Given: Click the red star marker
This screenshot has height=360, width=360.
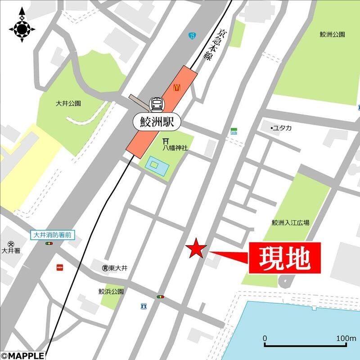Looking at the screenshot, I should pos(196,249).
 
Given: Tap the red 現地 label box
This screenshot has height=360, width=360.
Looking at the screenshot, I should pos(284,258).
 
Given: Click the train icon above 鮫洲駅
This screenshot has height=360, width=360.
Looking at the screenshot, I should pos(157,104).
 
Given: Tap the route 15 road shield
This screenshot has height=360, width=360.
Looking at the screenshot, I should pos(192,35).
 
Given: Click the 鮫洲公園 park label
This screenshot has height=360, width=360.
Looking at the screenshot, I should pos(332,35).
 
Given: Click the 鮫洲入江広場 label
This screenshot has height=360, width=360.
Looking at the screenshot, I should pos(290,222).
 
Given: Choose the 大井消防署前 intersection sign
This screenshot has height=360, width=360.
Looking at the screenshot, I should pos(53,235).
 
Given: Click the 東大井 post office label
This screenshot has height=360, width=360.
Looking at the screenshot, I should pos(118,268).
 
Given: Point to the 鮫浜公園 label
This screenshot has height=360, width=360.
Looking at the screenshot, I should pos(111,292).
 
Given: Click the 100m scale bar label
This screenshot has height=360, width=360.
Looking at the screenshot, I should pos(346,338).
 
